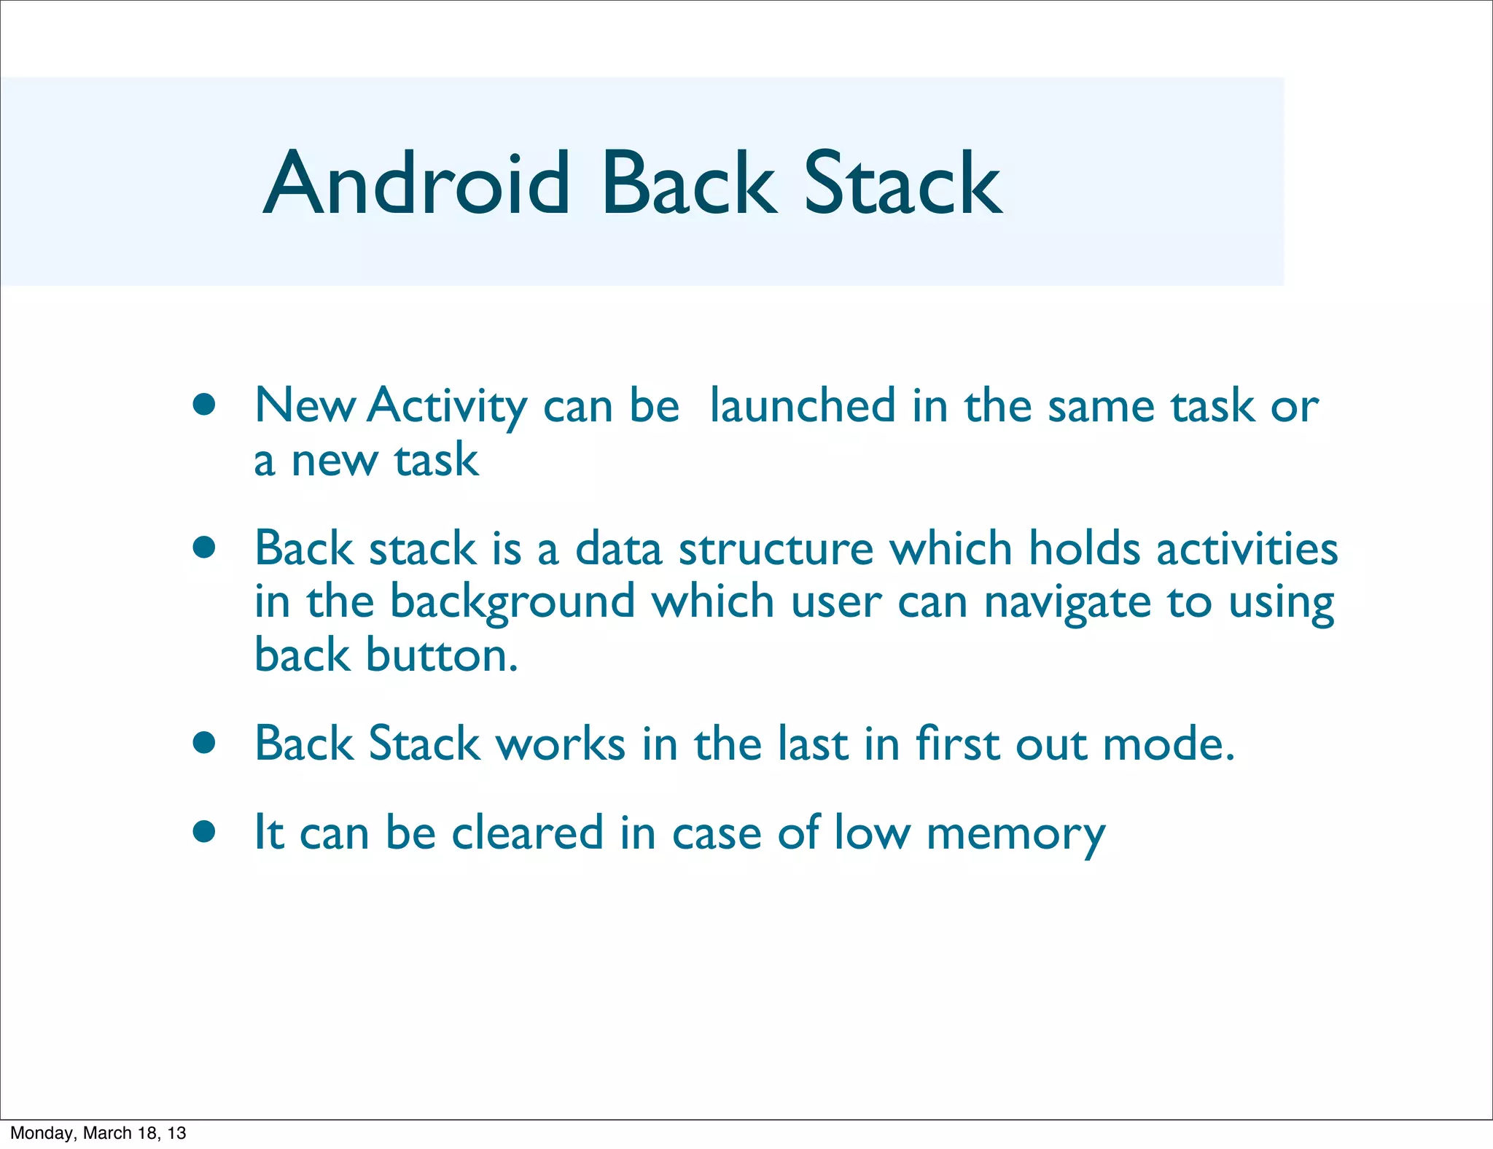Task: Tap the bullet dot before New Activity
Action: click(x=204, y=405)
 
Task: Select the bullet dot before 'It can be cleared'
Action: click(x=204, y=831)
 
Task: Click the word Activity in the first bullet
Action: click(x=447, y=407)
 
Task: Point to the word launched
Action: click(x=802, y=405)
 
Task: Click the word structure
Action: click(x=776, y=548)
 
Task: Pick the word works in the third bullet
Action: click(x=560, y=744)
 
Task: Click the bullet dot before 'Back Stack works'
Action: click(x=204, y=743)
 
